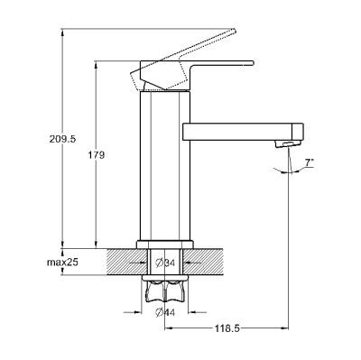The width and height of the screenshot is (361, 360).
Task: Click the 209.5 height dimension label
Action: pyautogui.click(x=63, y=139)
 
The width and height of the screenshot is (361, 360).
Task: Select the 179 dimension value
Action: pyautogui.click(x=97, y=155)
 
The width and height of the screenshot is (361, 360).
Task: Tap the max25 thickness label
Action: pyautogui.click(x=62, y=263)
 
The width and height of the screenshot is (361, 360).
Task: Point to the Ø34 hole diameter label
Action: pyautogui.click(x=165, y=263)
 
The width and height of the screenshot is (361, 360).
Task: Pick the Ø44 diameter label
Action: pyautogui.click(x=165, y=313)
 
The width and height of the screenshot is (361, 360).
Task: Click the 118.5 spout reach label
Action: pyautogui.click(x=227, y=328)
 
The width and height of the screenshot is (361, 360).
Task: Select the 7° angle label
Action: pyautogui.click(x=310, y=162)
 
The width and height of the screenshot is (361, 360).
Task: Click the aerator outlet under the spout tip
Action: pyautogui.click(x=287, y=144)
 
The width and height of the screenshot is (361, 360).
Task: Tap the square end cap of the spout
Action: pyautogui.click(x=298, y=132)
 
